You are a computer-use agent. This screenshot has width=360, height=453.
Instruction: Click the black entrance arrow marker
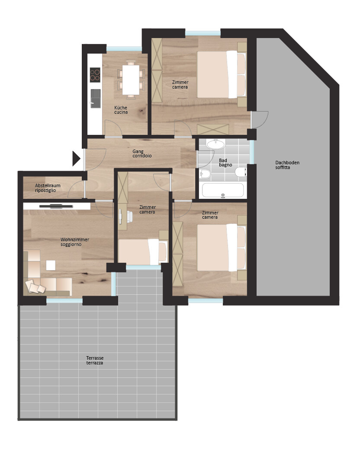tap(76, 159)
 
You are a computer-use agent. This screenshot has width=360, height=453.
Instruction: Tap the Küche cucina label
tap(121, 110)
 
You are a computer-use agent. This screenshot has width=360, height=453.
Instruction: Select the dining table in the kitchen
tap(131, 80)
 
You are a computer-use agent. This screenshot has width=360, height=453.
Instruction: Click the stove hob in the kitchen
tap(95, 75)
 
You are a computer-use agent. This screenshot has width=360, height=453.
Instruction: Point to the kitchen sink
tap(96, 99)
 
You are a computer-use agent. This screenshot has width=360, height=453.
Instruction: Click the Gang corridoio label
tap(141, 153)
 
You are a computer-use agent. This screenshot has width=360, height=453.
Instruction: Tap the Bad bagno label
tap(225, 163)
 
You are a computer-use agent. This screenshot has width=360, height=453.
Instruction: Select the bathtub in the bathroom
tap(223, 191)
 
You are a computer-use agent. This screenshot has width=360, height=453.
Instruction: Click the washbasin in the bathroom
tap(215, 144)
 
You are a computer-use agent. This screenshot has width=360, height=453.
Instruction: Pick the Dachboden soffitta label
tap(287, 165)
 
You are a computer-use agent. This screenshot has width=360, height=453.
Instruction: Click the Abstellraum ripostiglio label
tap(48, 188)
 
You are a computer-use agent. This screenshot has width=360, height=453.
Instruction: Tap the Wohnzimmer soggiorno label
tap(74, 242)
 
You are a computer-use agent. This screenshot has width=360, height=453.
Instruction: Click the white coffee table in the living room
tap(51, 265)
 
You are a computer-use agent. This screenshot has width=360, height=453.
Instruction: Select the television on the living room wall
tap(57, 206)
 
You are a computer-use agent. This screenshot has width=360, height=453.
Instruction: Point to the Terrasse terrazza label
tap(95, 360)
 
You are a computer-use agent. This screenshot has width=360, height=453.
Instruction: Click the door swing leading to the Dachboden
tap(260, 120)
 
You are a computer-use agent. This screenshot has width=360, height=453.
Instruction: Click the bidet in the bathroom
tap(205, 174)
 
